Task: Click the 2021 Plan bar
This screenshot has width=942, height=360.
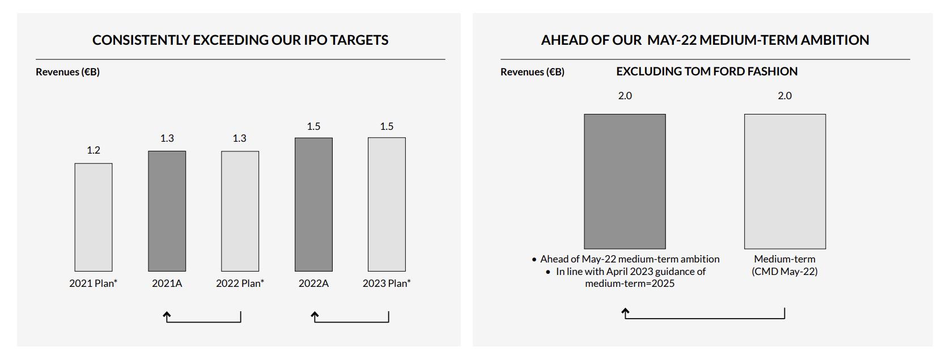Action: (x=94, y=217)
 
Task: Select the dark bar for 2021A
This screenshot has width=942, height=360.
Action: (x=167, y=211)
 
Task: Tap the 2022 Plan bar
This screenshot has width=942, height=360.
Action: (x=240, y=211)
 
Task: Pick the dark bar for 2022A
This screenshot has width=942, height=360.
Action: (x=313, y=204)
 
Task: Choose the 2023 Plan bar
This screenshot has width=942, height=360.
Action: (x=387, y=204)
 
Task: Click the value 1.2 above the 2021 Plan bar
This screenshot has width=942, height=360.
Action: (x=94, y=150)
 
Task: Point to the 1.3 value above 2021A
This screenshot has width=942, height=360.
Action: (x=167, y=138)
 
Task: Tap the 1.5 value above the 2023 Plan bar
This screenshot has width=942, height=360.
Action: (x=387, y=126)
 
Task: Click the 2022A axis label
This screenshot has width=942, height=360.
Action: (x=313, y=283)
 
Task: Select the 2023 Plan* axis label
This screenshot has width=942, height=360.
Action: (x=387, y=283)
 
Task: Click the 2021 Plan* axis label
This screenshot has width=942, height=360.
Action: (x=94, y=283)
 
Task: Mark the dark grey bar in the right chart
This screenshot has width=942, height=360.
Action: (x=625, y=181)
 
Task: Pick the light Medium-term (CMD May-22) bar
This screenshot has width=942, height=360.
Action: (x=784, y=181)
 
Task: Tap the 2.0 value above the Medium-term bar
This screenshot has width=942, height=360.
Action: (x=784, y=96)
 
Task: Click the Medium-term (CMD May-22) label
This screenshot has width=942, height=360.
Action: (x=784, y=265)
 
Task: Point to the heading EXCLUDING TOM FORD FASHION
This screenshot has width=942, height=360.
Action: (x=707, y=71)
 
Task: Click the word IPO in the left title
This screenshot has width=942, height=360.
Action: (x=316, y=40)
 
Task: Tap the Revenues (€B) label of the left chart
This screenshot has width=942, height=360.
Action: (x=67, y=72)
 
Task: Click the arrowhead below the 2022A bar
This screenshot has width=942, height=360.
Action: (x=315, y=315)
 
